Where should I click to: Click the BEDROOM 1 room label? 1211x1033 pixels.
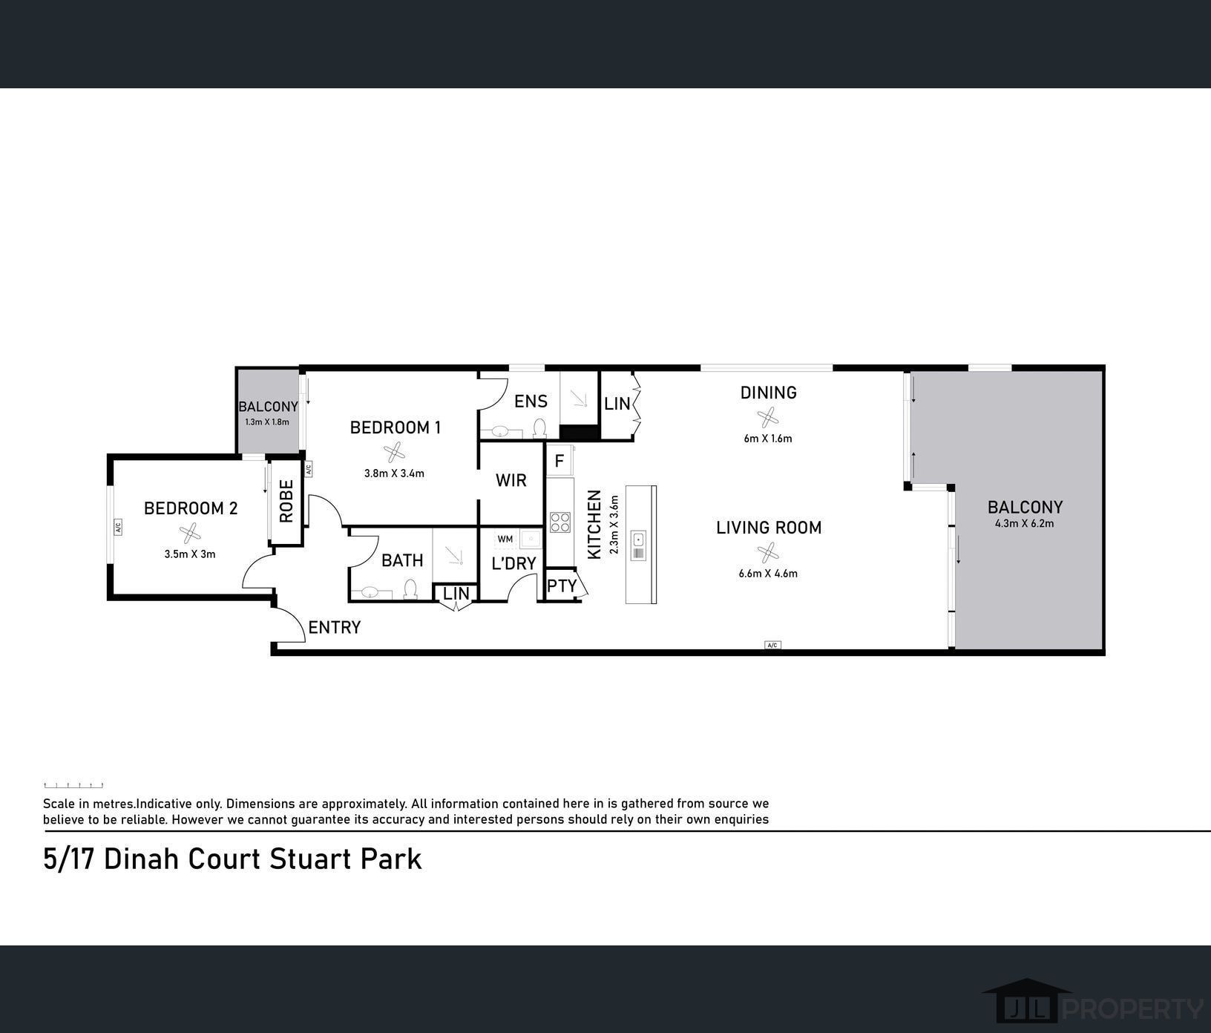(395, 427)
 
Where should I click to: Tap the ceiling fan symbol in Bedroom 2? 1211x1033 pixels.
(191, 531)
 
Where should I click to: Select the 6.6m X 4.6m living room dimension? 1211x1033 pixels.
(768, 573)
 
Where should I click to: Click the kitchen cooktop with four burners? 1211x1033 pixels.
(560, 522)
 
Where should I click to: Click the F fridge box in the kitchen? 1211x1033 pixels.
(559, 461)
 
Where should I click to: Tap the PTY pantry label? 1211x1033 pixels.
(562, 586)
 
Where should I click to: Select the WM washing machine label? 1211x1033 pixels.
(505, 539)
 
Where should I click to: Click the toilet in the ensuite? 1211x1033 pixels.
(540, 429)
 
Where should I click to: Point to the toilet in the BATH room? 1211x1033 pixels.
(410, 590)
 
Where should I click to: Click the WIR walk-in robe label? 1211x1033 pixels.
(511, 480)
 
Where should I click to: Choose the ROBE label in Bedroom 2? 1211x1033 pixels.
(286, 501)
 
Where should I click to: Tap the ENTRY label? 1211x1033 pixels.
(334, 628)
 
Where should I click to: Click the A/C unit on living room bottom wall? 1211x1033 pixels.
(772, 645)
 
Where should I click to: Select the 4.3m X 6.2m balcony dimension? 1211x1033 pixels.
(1024, 523)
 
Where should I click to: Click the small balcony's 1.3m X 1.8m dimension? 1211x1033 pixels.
(266, 422)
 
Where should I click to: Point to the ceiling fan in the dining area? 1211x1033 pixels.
(767, 416)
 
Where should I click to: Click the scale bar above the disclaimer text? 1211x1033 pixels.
(73, 784)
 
